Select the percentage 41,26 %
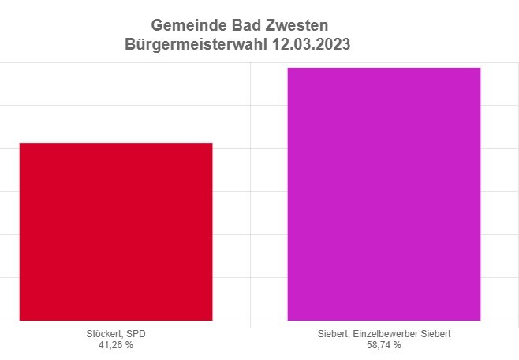tap(115, 345)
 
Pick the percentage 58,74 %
tap(383, 345)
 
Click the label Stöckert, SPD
tap(115, 334)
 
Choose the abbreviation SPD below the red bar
tap(136, 334)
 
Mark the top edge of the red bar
tap(116, 143)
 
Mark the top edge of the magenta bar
tap(383, 68)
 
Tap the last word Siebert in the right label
tap(435, 334)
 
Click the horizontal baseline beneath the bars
tap(250, 321)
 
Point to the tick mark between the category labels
tap(250, 324)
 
